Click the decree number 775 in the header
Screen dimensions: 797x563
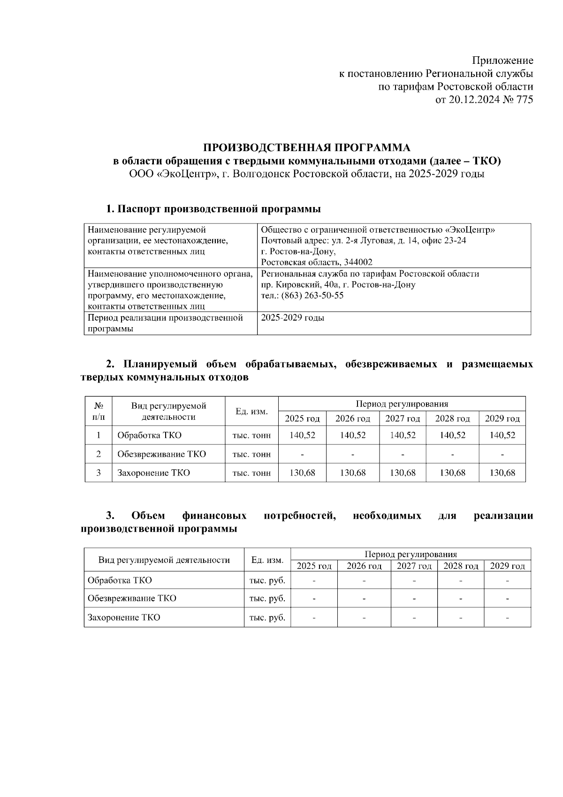point(523,100)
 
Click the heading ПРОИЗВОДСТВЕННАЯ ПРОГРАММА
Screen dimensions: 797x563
point(307,148)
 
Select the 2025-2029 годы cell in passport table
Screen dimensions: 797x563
point(292,318)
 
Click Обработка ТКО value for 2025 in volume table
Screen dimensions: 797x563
point(302,435)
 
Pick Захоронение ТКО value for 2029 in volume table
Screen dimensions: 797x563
point(502,473)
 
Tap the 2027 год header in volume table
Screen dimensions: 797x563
point(402,418)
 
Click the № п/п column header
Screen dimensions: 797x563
point(99,411)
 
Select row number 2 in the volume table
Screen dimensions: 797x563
point(99,454)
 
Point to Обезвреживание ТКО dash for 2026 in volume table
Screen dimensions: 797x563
point(352,454)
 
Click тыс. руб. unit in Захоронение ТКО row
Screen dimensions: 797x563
point(267,617)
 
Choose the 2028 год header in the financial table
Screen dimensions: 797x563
point(460,566)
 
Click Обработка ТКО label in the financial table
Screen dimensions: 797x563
point(120,580)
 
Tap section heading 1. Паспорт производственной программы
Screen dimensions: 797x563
point(213,209)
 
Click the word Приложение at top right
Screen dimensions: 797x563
point(502,61)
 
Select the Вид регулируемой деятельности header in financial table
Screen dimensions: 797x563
point(164,559)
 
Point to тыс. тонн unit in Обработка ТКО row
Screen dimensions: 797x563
point(251,435)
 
